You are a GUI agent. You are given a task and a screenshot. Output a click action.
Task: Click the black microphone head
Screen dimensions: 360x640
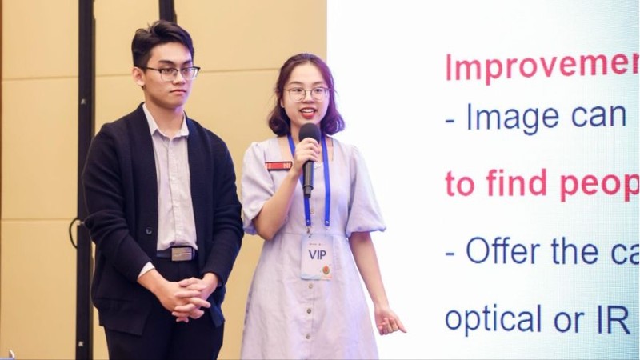click(309, 133)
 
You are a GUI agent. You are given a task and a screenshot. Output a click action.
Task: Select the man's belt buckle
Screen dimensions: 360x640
click(182, 254)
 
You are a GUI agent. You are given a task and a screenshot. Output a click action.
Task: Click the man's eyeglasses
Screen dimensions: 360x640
click(170, 73)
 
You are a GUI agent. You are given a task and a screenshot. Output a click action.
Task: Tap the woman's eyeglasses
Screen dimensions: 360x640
click(307, 93)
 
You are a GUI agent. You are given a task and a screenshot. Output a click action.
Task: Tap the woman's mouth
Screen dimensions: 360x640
click(307, 113)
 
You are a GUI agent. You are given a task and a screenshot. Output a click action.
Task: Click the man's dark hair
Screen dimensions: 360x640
click(162, 40)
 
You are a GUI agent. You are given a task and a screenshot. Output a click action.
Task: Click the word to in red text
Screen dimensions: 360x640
click(460, 185)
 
